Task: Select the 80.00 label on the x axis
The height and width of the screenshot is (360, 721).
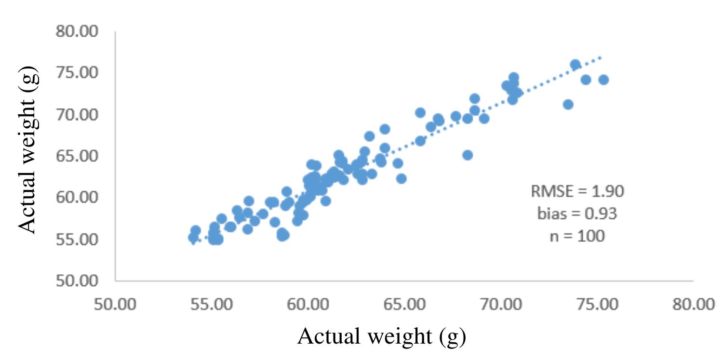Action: coord(693,305)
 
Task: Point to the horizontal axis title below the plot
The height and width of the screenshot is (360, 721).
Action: coord(381,336)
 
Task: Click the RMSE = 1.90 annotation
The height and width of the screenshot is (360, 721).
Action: coord(577,191)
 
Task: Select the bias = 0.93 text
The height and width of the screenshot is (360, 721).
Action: coord(577,213)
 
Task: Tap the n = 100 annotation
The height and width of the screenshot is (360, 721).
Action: coord(577,236)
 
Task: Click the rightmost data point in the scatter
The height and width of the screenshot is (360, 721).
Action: coord(603,80)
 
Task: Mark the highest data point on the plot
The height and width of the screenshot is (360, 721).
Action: coord(575,65)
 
